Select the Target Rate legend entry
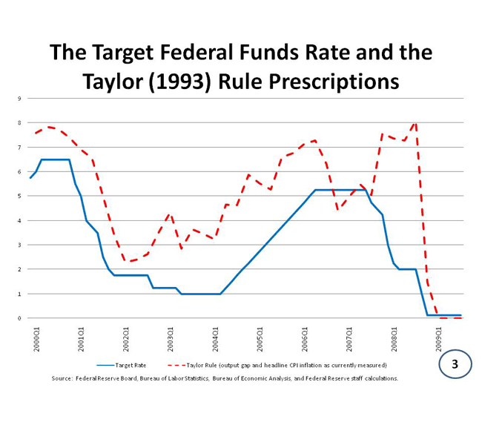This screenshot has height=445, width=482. [130, 365]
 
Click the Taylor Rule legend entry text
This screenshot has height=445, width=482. [286, 365]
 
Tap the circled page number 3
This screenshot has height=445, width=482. [454, 365]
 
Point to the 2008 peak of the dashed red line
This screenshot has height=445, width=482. [415, 122]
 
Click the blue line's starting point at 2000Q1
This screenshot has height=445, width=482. [30, 178]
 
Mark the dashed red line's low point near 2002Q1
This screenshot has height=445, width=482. [128, 261]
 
